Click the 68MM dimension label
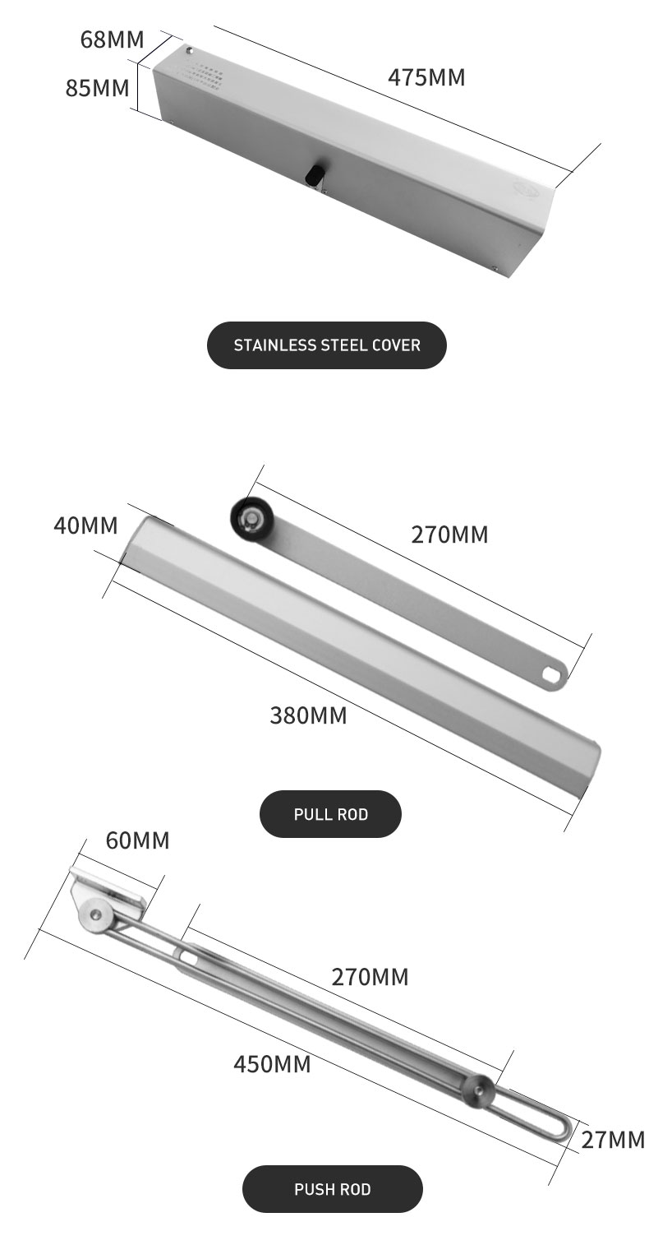[112, 39]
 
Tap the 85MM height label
[97, 87]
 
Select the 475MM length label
[426, 77]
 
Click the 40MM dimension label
[85, 525]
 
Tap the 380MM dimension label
[308, 715]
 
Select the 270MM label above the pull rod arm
[449, 535]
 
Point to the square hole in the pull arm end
[550, 672]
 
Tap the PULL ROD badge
[330, 814]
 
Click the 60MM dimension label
[137, 840]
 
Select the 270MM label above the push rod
[370, 977]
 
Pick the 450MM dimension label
[272, 1064]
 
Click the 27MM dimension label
[613, 1140]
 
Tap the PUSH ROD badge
[332, 1189]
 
